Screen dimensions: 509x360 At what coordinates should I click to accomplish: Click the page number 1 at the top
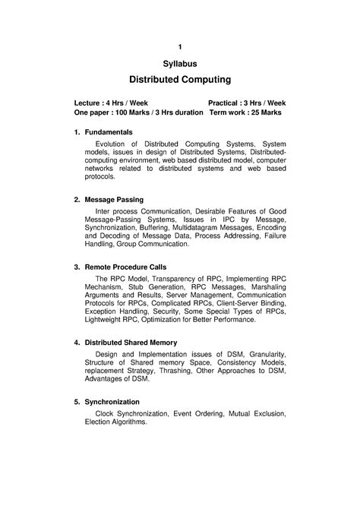pyautogui.click(x=180, y=47)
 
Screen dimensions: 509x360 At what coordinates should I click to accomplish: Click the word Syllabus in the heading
pyautogui.click(x=180, y=66)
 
